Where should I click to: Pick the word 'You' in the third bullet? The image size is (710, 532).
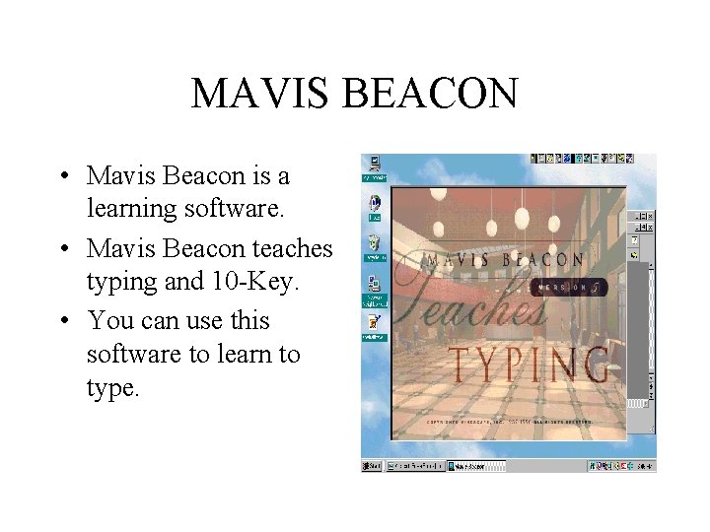click(x=107, y=321)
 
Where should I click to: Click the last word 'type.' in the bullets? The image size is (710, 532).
click(x=113, y=388)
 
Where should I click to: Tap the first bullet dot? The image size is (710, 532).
click(x=62, y=177)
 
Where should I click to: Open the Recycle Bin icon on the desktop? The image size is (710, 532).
click(x=374, y=242)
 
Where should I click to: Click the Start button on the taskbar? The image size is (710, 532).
click(x=372, y=466)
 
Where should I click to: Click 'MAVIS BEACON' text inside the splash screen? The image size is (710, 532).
click(x=503, y=260)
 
